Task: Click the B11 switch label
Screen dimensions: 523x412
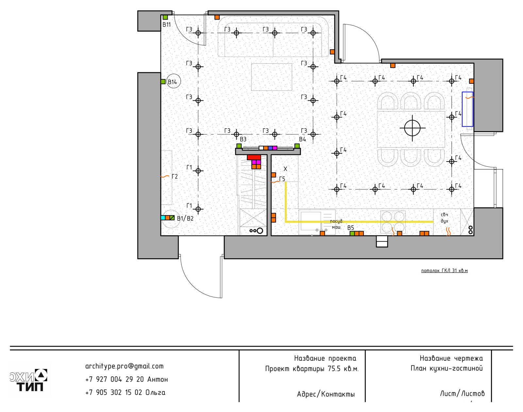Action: pos(166,25)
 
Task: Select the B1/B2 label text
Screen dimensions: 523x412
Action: pos(185,218)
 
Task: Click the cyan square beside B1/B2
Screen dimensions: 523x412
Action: pos(163,218)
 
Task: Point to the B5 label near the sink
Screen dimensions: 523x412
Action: pos(350,228)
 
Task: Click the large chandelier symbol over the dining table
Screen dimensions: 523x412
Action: pos(412,128)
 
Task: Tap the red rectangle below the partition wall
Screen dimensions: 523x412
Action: pos(254,157)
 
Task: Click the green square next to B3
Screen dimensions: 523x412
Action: pos(239,146)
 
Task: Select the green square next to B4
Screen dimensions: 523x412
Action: pos(297,146)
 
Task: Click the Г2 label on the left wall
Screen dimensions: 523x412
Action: pos(175,177)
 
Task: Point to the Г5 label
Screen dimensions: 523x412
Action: pos(282,179)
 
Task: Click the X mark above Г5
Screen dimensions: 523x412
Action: pos(285,169)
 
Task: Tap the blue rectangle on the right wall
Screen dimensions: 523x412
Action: pos(467,109)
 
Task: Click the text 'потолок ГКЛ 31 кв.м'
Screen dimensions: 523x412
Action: pos(444,271)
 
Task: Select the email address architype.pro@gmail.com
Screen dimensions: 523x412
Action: pos(124,366)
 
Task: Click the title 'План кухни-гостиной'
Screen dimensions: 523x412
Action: pos(447,369)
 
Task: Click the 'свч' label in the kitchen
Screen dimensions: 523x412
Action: pos(444,215)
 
